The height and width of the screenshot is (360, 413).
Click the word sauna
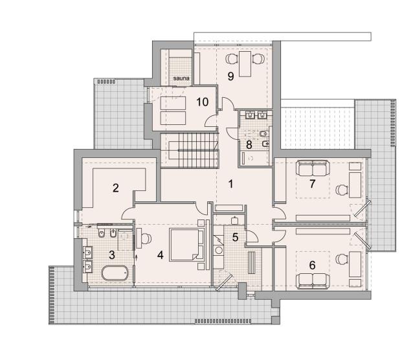181,78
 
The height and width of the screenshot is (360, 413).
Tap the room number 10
202,102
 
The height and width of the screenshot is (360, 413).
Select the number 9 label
230,76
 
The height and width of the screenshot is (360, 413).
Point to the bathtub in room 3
115,273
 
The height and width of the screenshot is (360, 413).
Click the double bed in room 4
186,245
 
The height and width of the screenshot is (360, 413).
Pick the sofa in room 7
313,168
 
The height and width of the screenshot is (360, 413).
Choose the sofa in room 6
313,281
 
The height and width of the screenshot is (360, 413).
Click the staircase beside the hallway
194,150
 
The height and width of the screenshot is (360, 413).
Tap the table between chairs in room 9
245,64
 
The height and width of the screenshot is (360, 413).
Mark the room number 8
249,144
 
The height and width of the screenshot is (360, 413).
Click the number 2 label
116,188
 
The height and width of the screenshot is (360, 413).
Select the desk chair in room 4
146,238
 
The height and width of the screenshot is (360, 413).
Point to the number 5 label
235,237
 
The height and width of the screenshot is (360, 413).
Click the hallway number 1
230,184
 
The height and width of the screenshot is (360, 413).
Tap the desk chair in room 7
342,189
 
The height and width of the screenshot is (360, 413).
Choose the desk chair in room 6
342,258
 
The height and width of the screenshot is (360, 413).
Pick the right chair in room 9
258,58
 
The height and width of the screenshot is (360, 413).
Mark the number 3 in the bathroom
112,255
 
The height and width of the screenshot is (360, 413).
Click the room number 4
160,255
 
